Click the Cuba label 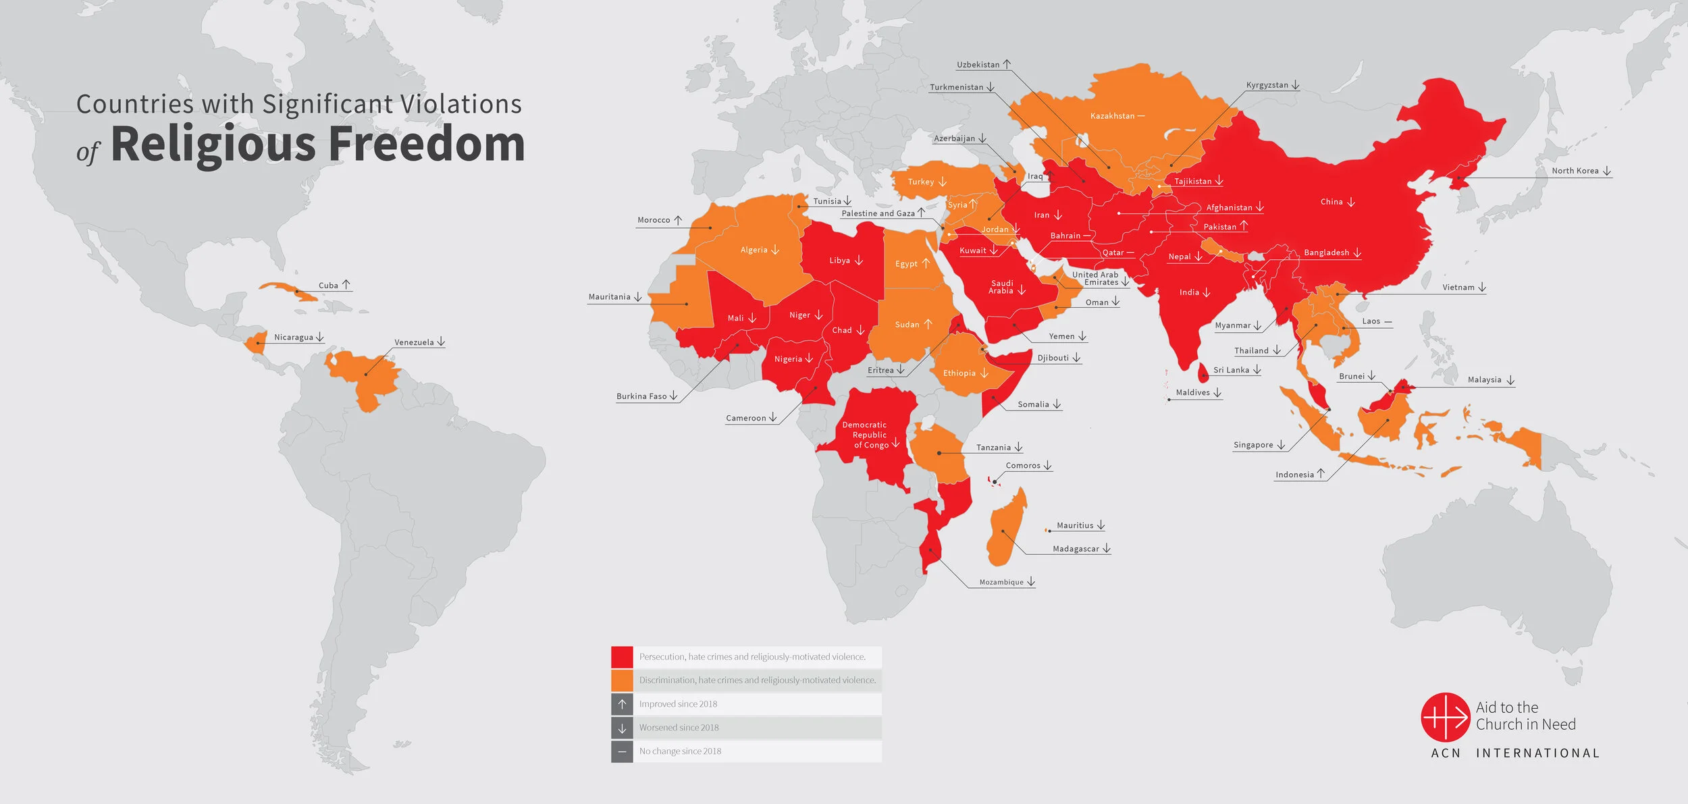coord(328,286)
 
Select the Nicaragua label coord(293,337)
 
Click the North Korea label coord(1575,171)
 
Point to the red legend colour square coord(622,657)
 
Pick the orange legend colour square coord(622,680)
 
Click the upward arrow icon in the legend coord(622,704)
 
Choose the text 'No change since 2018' coord(680,751)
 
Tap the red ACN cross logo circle coord(1445,717)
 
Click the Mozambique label coord(1001,583)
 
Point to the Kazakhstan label coord(1112,116)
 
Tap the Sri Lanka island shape coord(1203,372)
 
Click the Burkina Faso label coord(641,396)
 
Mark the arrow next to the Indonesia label coord(1321,474)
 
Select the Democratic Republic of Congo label coord(865,435)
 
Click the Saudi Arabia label coord(1001,287)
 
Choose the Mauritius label coord(1074,525)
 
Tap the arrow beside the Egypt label coord(926,263)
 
